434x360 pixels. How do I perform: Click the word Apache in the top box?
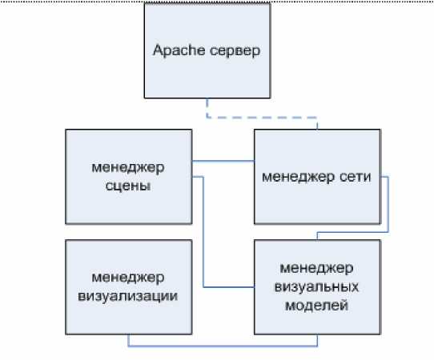[179, 51]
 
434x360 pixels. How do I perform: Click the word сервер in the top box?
[235, 51]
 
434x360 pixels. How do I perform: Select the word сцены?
[128, 186]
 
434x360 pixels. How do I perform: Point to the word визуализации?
[128, 297]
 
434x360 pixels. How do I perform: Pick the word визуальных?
[316, 286]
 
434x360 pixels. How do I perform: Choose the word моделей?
[316, 306]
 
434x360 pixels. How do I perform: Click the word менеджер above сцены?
[128, 168]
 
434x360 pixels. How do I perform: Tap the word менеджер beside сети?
[299, 178]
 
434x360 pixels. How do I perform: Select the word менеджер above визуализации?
[128, 278]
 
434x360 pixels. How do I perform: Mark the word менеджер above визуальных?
[316, 269]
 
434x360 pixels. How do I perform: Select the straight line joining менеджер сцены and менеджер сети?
[223, 161]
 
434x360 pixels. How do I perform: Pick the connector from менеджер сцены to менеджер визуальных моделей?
[203, 232]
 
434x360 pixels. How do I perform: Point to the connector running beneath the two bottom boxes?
[223, 346]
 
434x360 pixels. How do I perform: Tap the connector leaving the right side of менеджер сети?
[388, 205]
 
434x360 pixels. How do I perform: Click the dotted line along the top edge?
[217, 2]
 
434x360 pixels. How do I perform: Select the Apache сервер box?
[207, 50]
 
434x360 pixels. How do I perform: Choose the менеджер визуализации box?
[129, 287]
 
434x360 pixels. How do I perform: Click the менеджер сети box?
[317, 177]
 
